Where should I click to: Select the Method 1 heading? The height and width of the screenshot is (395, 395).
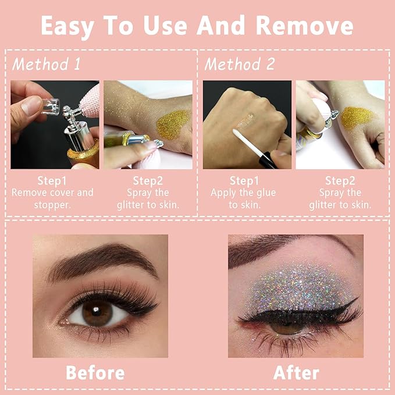(47, 64)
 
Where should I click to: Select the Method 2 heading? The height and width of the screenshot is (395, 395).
(239, 64)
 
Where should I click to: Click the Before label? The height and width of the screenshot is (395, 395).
(94, 372)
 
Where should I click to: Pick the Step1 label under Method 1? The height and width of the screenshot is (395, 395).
(52, 181)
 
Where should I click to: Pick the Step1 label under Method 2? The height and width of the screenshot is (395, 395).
(244, 181)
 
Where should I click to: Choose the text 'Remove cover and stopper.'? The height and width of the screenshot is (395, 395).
(52, 198)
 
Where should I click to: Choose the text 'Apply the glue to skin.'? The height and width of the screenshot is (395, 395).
(244, 198)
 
